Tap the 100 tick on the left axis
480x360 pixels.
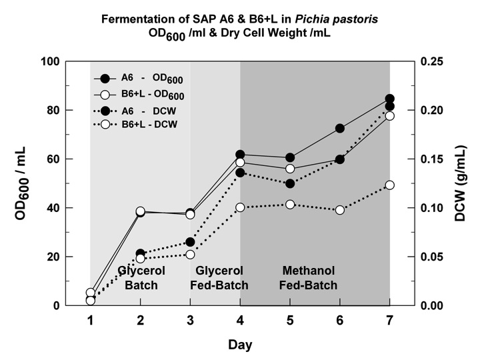pyautogui.click(x=69, y=61)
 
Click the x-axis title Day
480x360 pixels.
pyautogui.click(x=240, y=345)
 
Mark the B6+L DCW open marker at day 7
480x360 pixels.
pyautogui.click(x=390, y=185)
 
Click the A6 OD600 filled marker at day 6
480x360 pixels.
pyautogui.click(x=340, y=128)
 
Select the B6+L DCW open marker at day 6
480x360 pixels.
pyautogui.click(x=340, y=210)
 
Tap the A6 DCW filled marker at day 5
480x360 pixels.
pyautogui.click(x=290, y=183)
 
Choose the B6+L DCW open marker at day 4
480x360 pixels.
pyautogui.click(x=240, y=207)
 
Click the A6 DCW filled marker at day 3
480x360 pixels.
pyautogui.click(x=190, y=242)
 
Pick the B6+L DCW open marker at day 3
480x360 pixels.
pyautogui.click(x=190, y=254)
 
